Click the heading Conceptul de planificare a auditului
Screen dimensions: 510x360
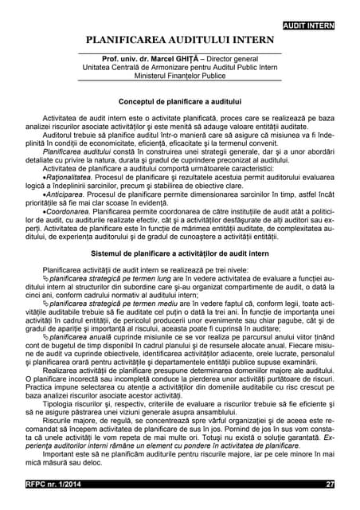[x=180, y=104]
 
